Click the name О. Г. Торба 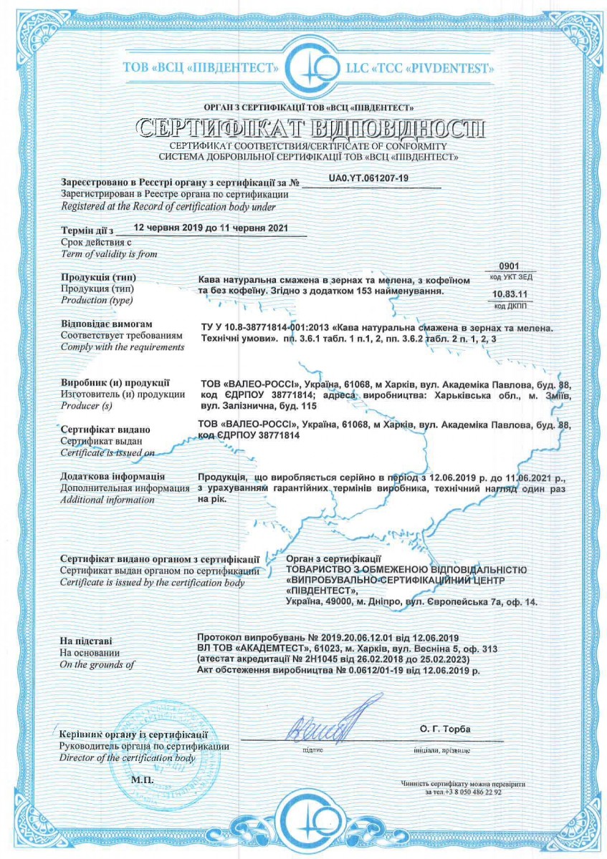click(x=445, y=729)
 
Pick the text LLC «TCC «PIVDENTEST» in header click(x=419, y=69)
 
